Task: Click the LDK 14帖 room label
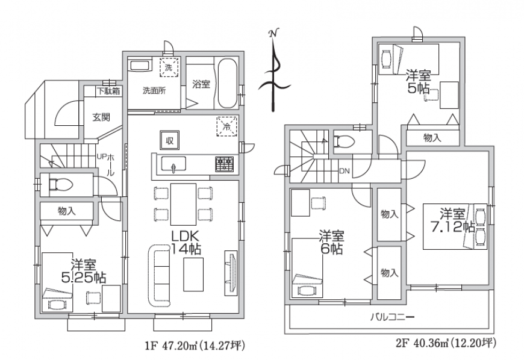click(x=186, y=243)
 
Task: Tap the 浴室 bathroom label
click(x=201, y=84)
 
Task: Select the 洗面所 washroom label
click(x=154, y=90)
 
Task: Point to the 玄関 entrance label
click(x=101, y=117)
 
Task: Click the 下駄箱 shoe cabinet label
click(x=108, y=91)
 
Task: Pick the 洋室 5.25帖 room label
click(x=84, y=271)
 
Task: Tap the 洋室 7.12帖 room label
click(x=452, y=220)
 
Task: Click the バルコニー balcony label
click(x=392, y=317)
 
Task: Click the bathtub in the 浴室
click(x=228, y=84)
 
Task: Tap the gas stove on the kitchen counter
click(x=225, y=164)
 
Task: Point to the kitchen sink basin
click(x=173, y=164)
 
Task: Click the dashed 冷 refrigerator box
click(x=227, y=126)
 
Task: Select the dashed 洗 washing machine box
click(x=169, y=67)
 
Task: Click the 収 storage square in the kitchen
click(x=170, y=140)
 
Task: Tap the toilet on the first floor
click(x=60, y=184)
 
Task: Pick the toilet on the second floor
click(x=344, y=141)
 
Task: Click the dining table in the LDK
click(x=183, y=204)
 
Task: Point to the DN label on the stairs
click(x=344, y=171)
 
